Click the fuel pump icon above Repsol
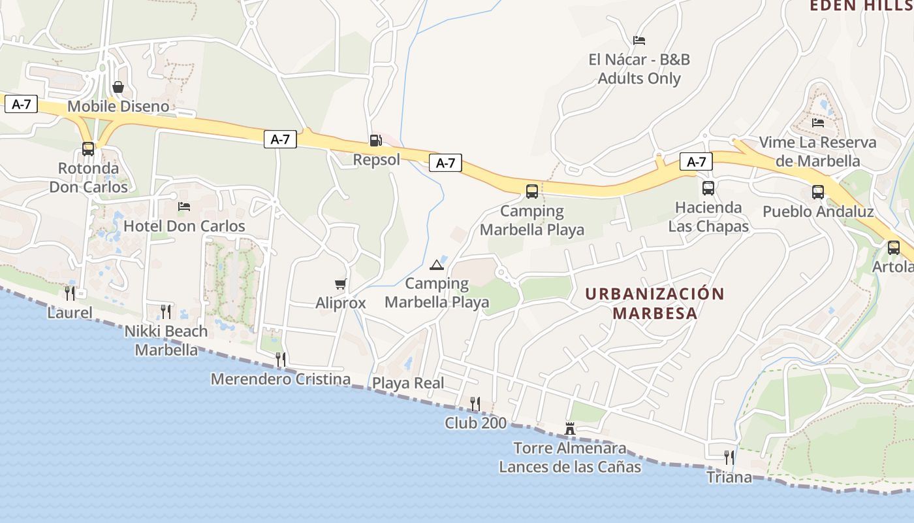tap(375, 140)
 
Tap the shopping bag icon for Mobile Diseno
tap(118, 87)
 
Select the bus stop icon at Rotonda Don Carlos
tap(88, 149)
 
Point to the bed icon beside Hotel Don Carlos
tap(184, 207)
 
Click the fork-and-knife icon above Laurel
tap(70, 293)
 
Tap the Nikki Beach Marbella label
tap(166, 340)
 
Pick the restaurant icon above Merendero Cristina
tap(281, 359)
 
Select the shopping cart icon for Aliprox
tap(340, 284)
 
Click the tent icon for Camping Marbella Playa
tap(437, 265)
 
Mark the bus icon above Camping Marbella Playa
tap(532, 192)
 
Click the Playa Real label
tap(408, 383)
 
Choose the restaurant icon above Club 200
tap(475, 403)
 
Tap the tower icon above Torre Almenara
tap(570, 429)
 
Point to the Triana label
tap(729, 477)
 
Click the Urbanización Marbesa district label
tap(655, 303)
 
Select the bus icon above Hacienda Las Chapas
tap(708, 188)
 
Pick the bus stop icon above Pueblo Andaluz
tap(818, 192)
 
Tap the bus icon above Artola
tap(894, 248)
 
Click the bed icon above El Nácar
tap(639, 41)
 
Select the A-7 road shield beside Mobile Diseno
tap(22, 104)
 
